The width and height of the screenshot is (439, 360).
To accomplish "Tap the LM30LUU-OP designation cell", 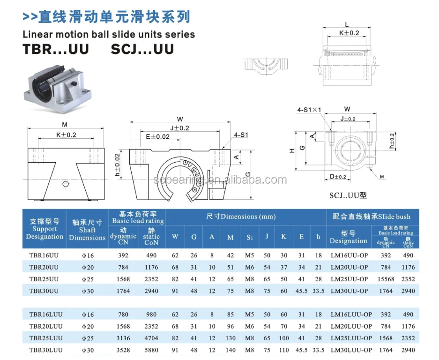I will point(351,349).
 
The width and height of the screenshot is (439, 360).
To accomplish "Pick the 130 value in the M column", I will point(230,337).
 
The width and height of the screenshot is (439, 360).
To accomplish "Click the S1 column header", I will point(249,237).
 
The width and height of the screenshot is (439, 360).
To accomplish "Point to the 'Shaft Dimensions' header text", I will point(87,230).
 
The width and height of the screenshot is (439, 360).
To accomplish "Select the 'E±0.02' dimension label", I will point(157,137).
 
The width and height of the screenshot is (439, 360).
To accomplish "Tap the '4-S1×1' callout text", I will point(309,110).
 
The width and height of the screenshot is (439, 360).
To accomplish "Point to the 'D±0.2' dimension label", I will point(337,177).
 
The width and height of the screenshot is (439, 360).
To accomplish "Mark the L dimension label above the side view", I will point(346,24).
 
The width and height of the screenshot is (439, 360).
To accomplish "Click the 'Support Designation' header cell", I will point(45,229).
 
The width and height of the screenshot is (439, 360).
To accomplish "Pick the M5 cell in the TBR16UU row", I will point(249,255).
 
